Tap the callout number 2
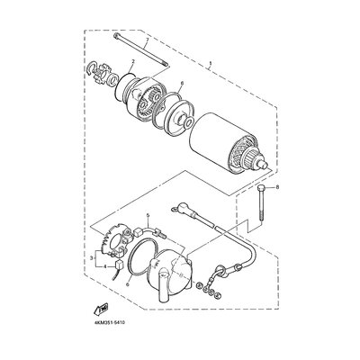click(131, 62)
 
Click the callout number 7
click(148, 42)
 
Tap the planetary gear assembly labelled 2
click(140, 94)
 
